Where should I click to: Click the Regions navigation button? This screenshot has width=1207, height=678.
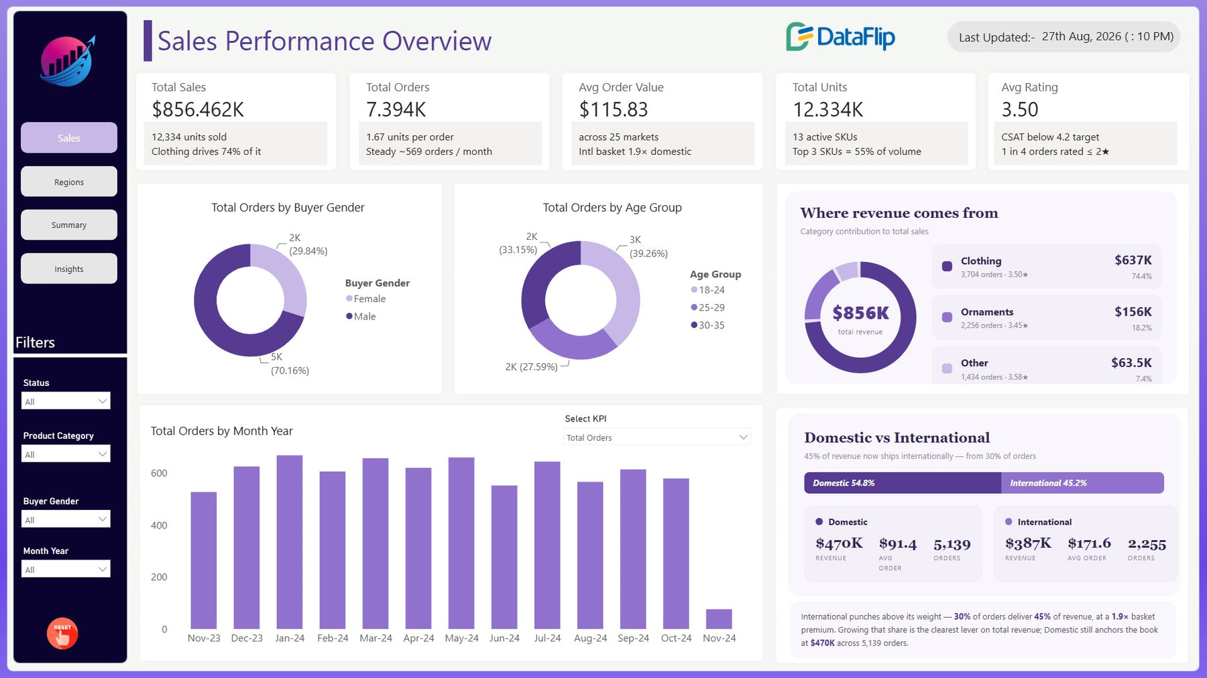point(69,182)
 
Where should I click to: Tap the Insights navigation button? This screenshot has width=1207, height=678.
point(69,269)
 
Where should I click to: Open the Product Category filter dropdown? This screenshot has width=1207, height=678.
point(66,454)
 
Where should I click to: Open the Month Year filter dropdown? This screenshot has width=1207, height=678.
point(66,569)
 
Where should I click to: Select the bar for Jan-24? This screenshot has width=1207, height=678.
point(290,542)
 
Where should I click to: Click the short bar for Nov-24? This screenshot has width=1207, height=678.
point(719,619)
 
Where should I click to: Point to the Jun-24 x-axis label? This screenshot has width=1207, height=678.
point(504,638)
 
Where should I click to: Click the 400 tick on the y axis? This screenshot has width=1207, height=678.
point(159,525)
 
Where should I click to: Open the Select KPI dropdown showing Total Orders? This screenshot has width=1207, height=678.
point(656,437)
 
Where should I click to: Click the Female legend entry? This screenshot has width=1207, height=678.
point(365,299)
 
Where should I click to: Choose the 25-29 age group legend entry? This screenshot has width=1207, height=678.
point(707,308)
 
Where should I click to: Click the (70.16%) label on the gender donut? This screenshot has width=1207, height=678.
point(290,370)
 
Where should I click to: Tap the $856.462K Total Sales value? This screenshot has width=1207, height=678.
point(198,109)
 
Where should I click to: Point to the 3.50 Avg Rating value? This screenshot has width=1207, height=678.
point(1019,109)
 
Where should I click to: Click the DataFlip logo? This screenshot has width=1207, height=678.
point(840,37)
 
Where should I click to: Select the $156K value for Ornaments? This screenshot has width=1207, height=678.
point(1133,312)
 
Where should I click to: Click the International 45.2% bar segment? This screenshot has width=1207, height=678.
point(1082,483)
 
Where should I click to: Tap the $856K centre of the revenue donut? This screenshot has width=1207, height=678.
point(860,313)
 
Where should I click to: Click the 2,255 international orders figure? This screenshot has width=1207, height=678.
point(1147,544)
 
